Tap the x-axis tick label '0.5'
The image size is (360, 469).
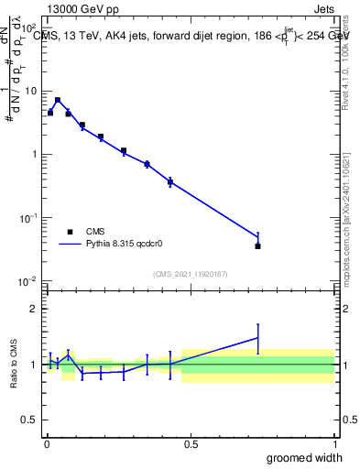point(191,444)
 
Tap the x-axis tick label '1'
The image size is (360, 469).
point(334,444)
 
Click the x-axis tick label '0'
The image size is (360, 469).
point(46,444)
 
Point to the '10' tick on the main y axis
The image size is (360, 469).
point(29,92)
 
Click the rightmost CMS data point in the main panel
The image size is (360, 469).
point(257,245)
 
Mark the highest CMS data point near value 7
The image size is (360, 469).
point(58,101)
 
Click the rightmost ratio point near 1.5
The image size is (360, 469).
point(257,338)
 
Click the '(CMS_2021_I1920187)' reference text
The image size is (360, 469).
point(190,273)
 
